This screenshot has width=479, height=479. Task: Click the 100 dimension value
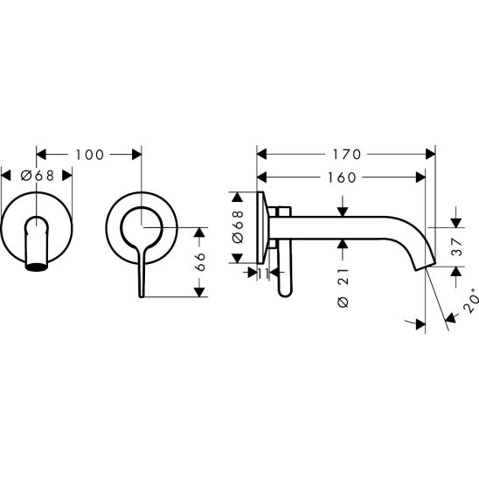coord(89,155)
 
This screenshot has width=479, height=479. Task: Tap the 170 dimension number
coord(347,154)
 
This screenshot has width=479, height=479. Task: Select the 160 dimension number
coord(342,177)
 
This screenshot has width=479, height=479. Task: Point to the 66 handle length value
coord(200,262)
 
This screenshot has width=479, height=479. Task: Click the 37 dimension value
coord(457,247)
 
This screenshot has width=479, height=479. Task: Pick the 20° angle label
coord(471,300)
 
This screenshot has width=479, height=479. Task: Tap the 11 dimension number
coord(262,274)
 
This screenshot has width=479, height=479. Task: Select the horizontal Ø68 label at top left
coord(38,176)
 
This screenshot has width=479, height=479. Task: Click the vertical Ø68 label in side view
coord(238,226)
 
